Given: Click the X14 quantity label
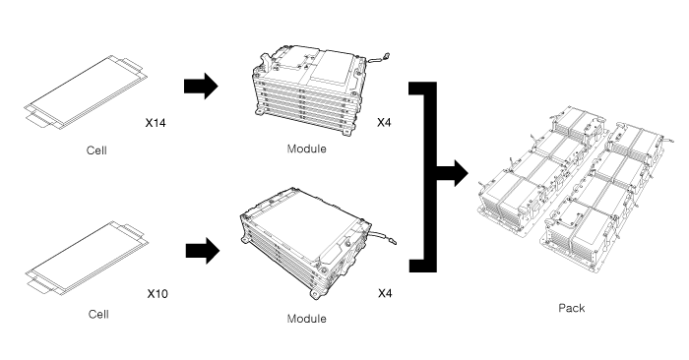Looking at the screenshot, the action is tap(156, 123).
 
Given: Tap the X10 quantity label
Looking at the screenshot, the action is tap(157, 294).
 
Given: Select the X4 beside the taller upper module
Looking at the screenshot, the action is tap(384, 123).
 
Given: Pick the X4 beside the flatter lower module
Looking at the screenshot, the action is tap(385, 293).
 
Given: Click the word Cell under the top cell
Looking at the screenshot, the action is tap(96, 150).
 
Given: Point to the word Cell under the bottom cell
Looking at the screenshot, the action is tap(98, 315).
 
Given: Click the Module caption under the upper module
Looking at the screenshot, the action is tap(307, 149).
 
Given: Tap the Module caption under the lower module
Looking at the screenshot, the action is tap(307, 319).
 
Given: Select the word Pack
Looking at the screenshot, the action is tap(572, 308).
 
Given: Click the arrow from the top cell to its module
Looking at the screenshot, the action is tap(201, 86).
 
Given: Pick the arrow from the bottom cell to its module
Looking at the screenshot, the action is tap(203, 251).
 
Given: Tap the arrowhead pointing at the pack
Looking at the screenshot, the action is tap(461, 173).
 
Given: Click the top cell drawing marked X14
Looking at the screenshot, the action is tap(86, 92).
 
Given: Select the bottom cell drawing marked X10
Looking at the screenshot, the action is tap(87, 258).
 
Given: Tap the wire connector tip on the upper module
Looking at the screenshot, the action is tap(387, 56).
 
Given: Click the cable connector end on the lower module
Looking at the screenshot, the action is tap(393, 241).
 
